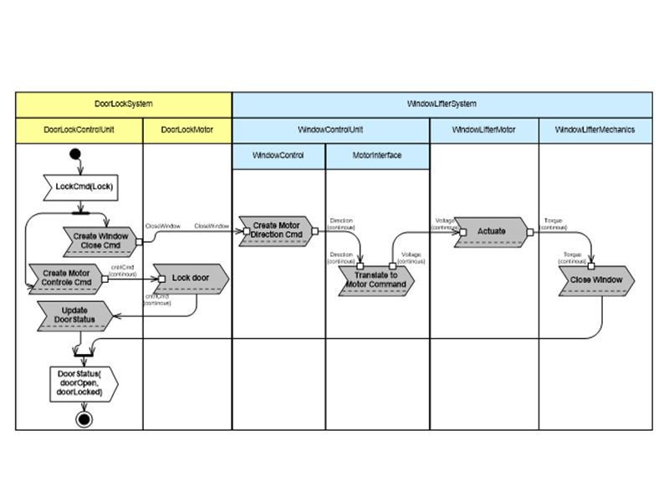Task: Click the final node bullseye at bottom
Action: point(84,418)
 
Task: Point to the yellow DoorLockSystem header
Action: point(124,104)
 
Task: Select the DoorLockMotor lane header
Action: point(186,130)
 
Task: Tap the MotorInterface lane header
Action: point(377,156)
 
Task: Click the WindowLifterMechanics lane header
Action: point(595,130)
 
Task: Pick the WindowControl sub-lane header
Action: point(278,156)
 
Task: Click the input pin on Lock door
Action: point(161,279)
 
